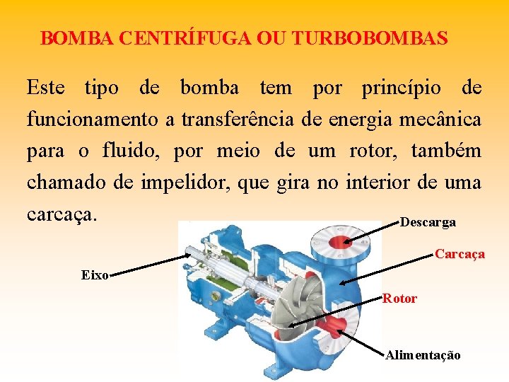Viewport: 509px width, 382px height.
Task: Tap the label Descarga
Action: pos(428,223)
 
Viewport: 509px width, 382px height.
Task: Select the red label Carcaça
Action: pos(460,254)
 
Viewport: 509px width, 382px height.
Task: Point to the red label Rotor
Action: pos(400,299)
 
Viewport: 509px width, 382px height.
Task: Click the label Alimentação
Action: pos(423,355)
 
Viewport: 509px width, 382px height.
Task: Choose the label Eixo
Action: pos(94,275)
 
